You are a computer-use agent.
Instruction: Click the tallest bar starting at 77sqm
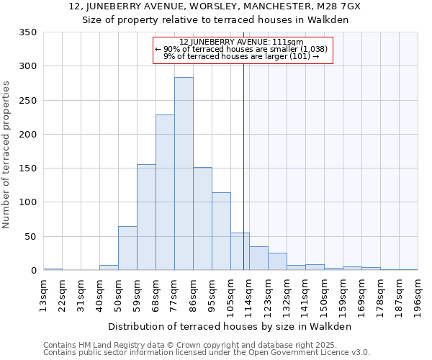(x=184, y=174)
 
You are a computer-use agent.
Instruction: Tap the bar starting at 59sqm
(x=146, y=217)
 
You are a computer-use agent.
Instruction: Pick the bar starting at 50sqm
(x=127, y=248)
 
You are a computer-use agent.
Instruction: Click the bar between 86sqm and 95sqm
(x=202, y=219)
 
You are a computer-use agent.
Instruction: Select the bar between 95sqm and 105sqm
(x=221, y=231)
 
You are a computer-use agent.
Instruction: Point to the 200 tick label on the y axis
(x=27, y=135)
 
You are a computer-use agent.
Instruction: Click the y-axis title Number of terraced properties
(x=6, y=154)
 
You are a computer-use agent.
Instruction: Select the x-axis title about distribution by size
(x=230, y=326)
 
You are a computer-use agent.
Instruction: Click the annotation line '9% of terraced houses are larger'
(x=241, y=56)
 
